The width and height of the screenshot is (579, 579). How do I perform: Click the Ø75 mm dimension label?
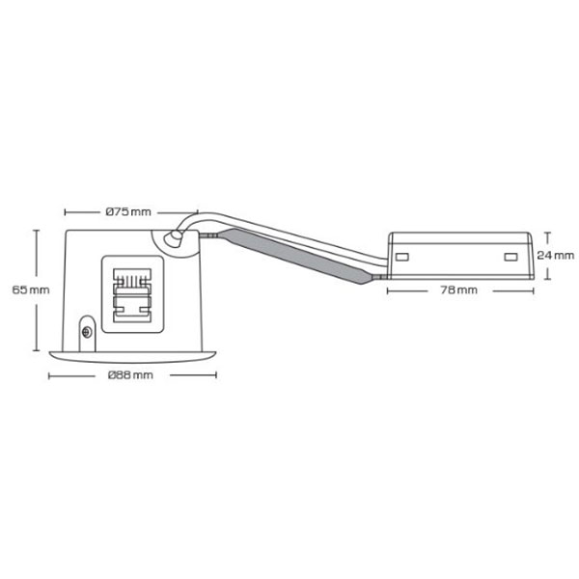[127, 210]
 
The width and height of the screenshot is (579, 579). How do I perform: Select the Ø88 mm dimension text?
[130, 373]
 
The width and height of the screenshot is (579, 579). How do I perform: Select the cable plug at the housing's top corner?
[175, 237]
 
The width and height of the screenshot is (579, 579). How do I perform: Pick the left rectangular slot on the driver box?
[402, 257]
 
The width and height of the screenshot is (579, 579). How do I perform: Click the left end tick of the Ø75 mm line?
[65, 210]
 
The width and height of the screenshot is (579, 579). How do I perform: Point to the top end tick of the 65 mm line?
[37, 230]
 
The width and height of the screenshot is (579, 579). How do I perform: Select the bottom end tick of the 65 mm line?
[37, 346]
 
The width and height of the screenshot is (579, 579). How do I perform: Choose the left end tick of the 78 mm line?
[388, 289]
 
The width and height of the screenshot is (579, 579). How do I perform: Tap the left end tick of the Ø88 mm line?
[50, 373]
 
